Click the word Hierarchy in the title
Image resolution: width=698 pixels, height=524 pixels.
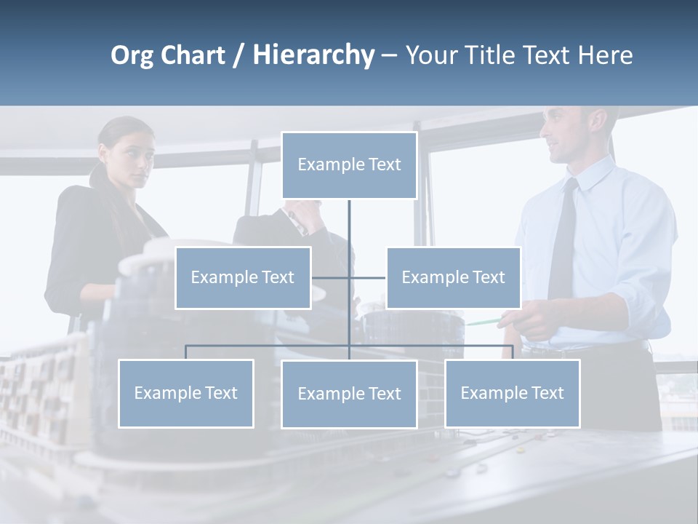tap(313, 55)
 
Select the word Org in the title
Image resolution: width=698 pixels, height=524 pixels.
tap(133, 56)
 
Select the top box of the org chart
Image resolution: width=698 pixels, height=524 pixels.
tap(349, 165)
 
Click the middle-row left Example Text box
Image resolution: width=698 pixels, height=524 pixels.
tap(243, 277)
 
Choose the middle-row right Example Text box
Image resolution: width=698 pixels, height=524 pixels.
tap(453, 277)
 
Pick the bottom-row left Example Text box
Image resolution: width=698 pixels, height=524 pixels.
tap(186, 393)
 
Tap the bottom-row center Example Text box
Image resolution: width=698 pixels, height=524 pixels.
tap(349, 394)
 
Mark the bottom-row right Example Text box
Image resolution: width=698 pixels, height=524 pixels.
tap(513, 393)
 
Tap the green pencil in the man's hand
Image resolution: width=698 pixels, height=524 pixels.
tap(484, 321)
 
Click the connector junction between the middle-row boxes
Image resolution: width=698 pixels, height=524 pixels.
tap(349, 277)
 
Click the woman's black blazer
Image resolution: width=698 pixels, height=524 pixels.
tap(80, 247)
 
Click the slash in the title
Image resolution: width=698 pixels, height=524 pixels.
tap(238, 56)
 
